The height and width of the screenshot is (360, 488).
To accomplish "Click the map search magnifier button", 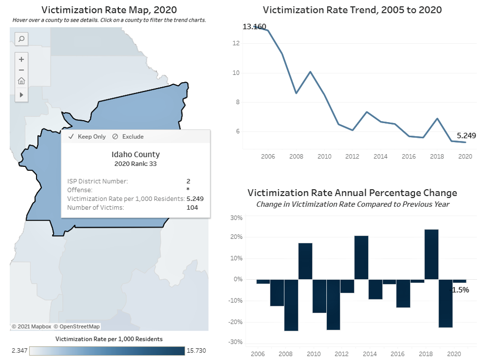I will pos(21,39).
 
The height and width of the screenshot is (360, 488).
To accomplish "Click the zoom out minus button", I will pos(21,70).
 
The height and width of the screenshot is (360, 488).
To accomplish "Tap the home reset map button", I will pos(21,82).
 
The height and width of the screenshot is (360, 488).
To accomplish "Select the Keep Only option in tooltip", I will pos(87,136).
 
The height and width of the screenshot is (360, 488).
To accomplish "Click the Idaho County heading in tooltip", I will pos(136,154).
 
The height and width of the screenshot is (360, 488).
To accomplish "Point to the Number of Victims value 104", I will pos(192,207).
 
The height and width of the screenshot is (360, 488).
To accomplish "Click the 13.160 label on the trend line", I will pos(254,27).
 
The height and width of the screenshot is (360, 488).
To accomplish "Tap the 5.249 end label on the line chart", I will pos(466,135).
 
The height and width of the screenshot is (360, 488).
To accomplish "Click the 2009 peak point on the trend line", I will pos(310,72).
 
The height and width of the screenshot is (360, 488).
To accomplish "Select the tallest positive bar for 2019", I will pos(431,254).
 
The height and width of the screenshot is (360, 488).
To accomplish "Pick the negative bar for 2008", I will pos(291,305).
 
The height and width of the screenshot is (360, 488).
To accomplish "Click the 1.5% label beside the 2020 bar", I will pos(460,290).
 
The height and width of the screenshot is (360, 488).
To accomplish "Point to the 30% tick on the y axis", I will pos(236,218).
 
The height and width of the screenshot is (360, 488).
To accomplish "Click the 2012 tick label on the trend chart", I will pos(352,156).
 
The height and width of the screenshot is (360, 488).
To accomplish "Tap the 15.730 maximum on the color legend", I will pos(196,351).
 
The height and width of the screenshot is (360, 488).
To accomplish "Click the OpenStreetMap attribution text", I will pos(76,327).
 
